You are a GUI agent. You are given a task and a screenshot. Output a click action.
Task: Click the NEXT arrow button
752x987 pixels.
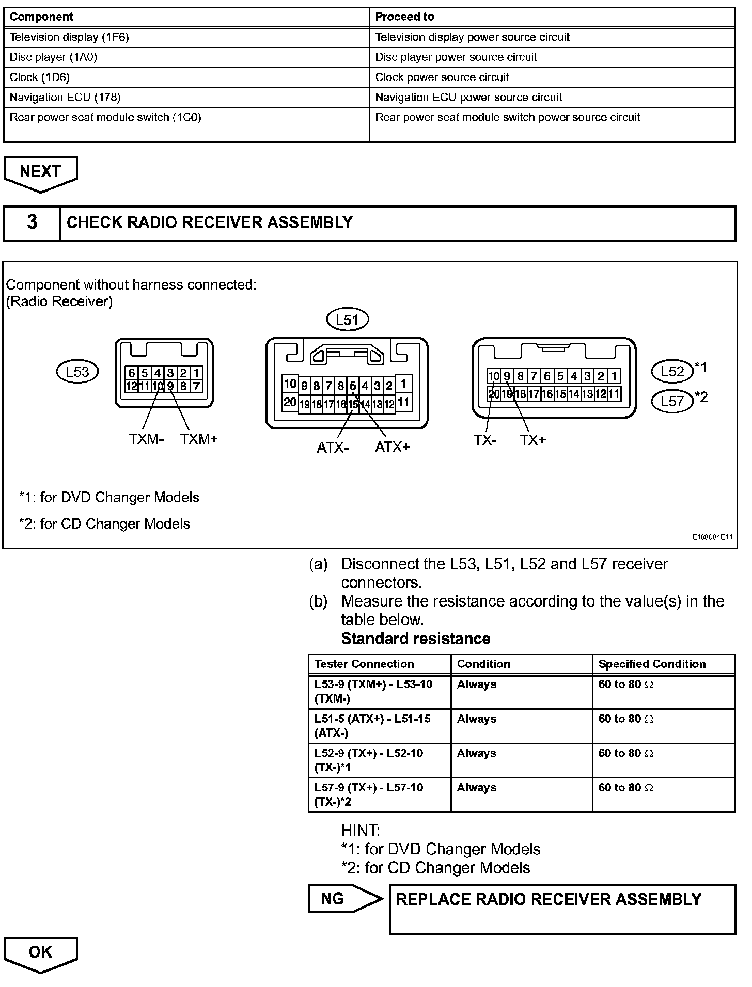pyautogui.click(x=40, y=172)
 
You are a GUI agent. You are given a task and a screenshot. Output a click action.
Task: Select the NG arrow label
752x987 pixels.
pyautogui.click(x=341, y=899)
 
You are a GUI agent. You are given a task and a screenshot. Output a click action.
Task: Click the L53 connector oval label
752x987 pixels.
pyautogui.click(x=77, y=372)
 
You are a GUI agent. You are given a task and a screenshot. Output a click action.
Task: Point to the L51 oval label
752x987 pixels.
pyautogui.click(x=348, y=320)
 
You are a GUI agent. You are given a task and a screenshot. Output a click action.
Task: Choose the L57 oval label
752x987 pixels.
pyautogui.click(x=672, y=401)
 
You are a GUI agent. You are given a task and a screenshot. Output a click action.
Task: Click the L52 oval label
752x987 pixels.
pyautogui.click(x=672, y=371)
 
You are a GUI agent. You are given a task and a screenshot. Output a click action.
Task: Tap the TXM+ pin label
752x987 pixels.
pyautogui.click(x=199, y=439)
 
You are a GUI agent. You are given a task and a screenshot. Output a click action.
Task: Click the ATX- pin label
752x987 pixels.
pyautogui.click(x=333, y=448)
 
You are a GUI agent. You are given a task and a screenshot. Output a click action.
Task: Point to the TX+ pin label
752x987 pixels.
pyautogui.click(x=533, y=440)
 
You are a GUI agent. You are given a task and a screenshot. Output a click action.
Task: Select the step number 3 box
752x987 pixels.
pyautogui.click(x=32, y=222)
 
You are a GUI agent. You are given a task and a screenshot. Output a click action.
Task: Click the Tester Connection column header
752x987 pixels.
pyautogui.click(x=364, y=664)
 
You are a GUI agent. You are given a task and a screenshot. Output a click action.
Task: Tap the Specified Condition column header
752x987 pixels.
pyautogui.click(x=652, y=664)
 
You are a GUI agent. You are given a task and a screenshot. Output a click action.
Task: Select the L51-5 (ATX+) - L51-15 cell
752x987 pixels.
pyautogui.click(x=379, y=726)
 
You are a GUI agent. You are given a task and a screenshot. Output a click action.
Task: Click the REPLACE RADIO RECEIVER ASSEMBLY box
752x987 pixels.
pyautogui.click(x=562, y=910)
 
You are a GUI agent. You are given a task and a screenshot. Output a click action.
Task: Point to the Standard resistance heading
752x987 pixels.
pyautogui.click(x=416, y=639)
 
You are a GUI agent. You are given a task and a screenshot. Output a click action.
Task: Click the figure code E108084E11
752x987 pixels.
pyautogui.click(x=712, y=537)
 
